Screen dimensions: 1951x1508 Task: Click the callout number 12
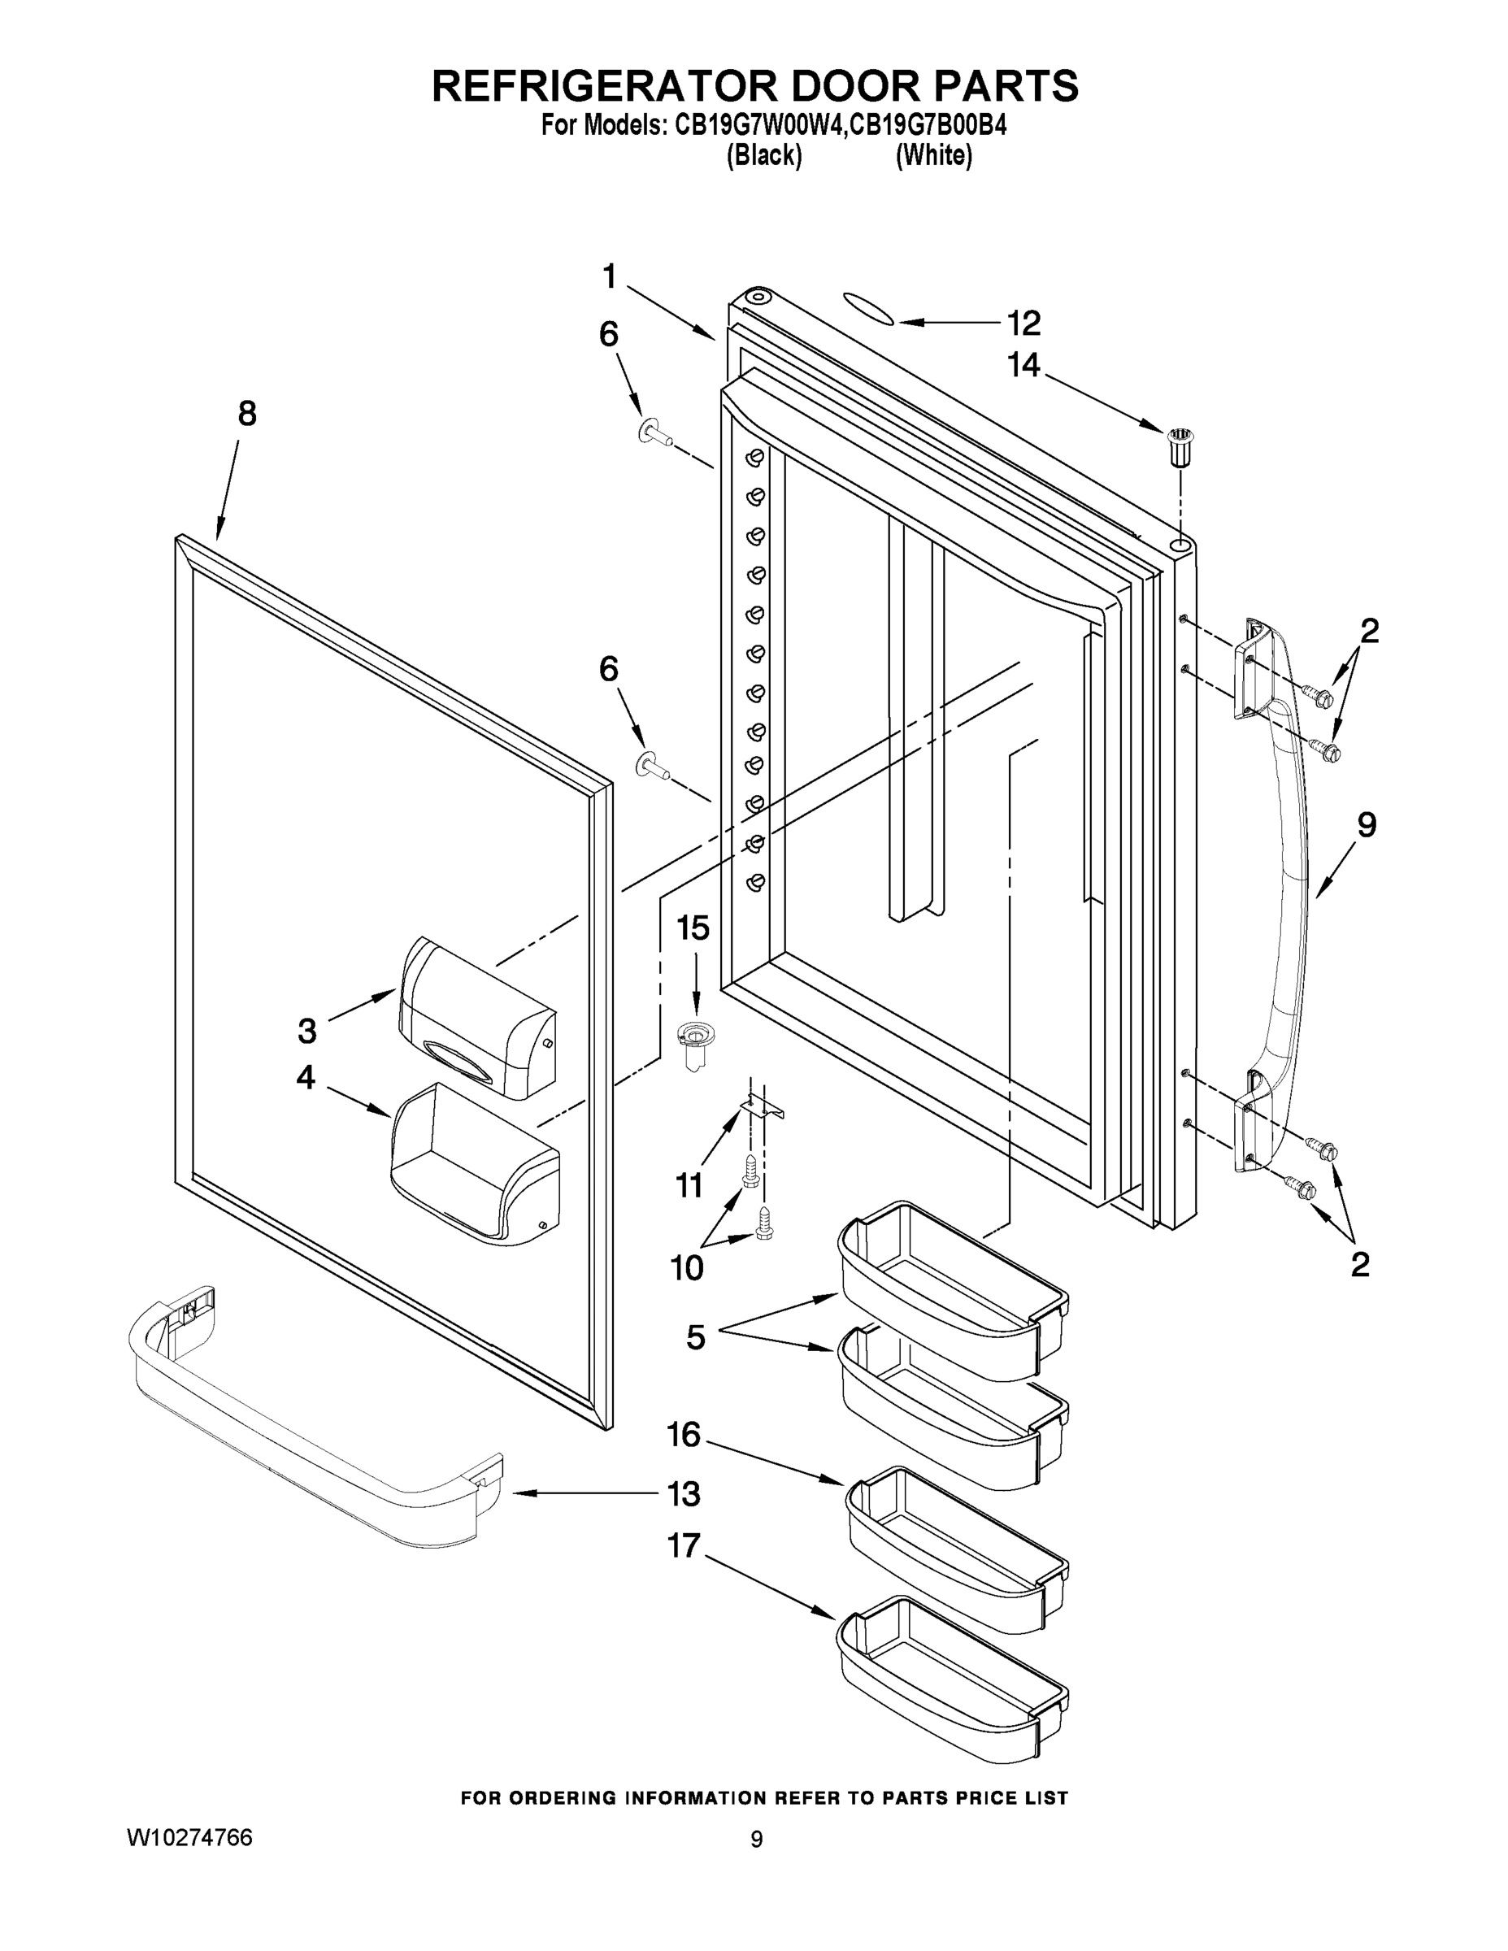point(1023,324)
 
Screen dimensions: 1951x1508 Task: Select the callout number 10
point(686,1267)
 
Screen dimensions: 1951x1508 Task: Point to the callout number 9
point(1367,824)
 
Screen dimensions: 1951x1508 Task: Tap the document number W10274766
point(189,1837)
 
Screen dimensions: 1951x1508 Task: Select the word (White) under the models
point(933,155)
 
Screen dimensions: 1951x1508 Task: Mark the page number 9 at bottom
point(756,1840)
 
